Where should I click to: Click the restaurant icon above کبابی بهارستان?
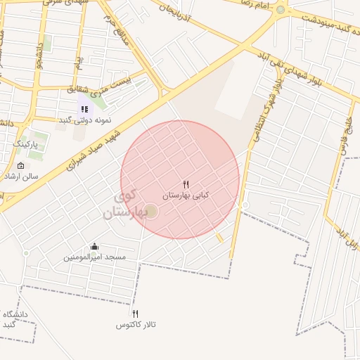click(x=186, y=184)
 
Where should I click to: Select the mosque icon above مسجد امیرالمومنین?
click(x=94, y=246)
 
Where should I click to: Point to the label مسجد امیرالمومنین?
click(x=95, y=257)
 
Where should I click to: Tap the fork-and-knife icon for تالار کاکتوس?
click(x=135, y=314)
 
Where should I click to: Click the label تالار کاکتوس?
click(x=136, y=325)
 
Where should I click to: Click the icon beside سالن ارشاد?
click(x=20, y=167)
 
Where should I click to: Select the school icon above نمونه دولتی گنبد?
click(x=84, y=109)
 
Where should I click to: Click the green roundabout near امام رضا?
click(x=281, y=10)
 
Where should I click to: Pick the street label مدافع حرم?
click(x=117, y=28)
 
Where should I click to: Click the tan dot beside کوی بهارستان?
click(x=151, y=211)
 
